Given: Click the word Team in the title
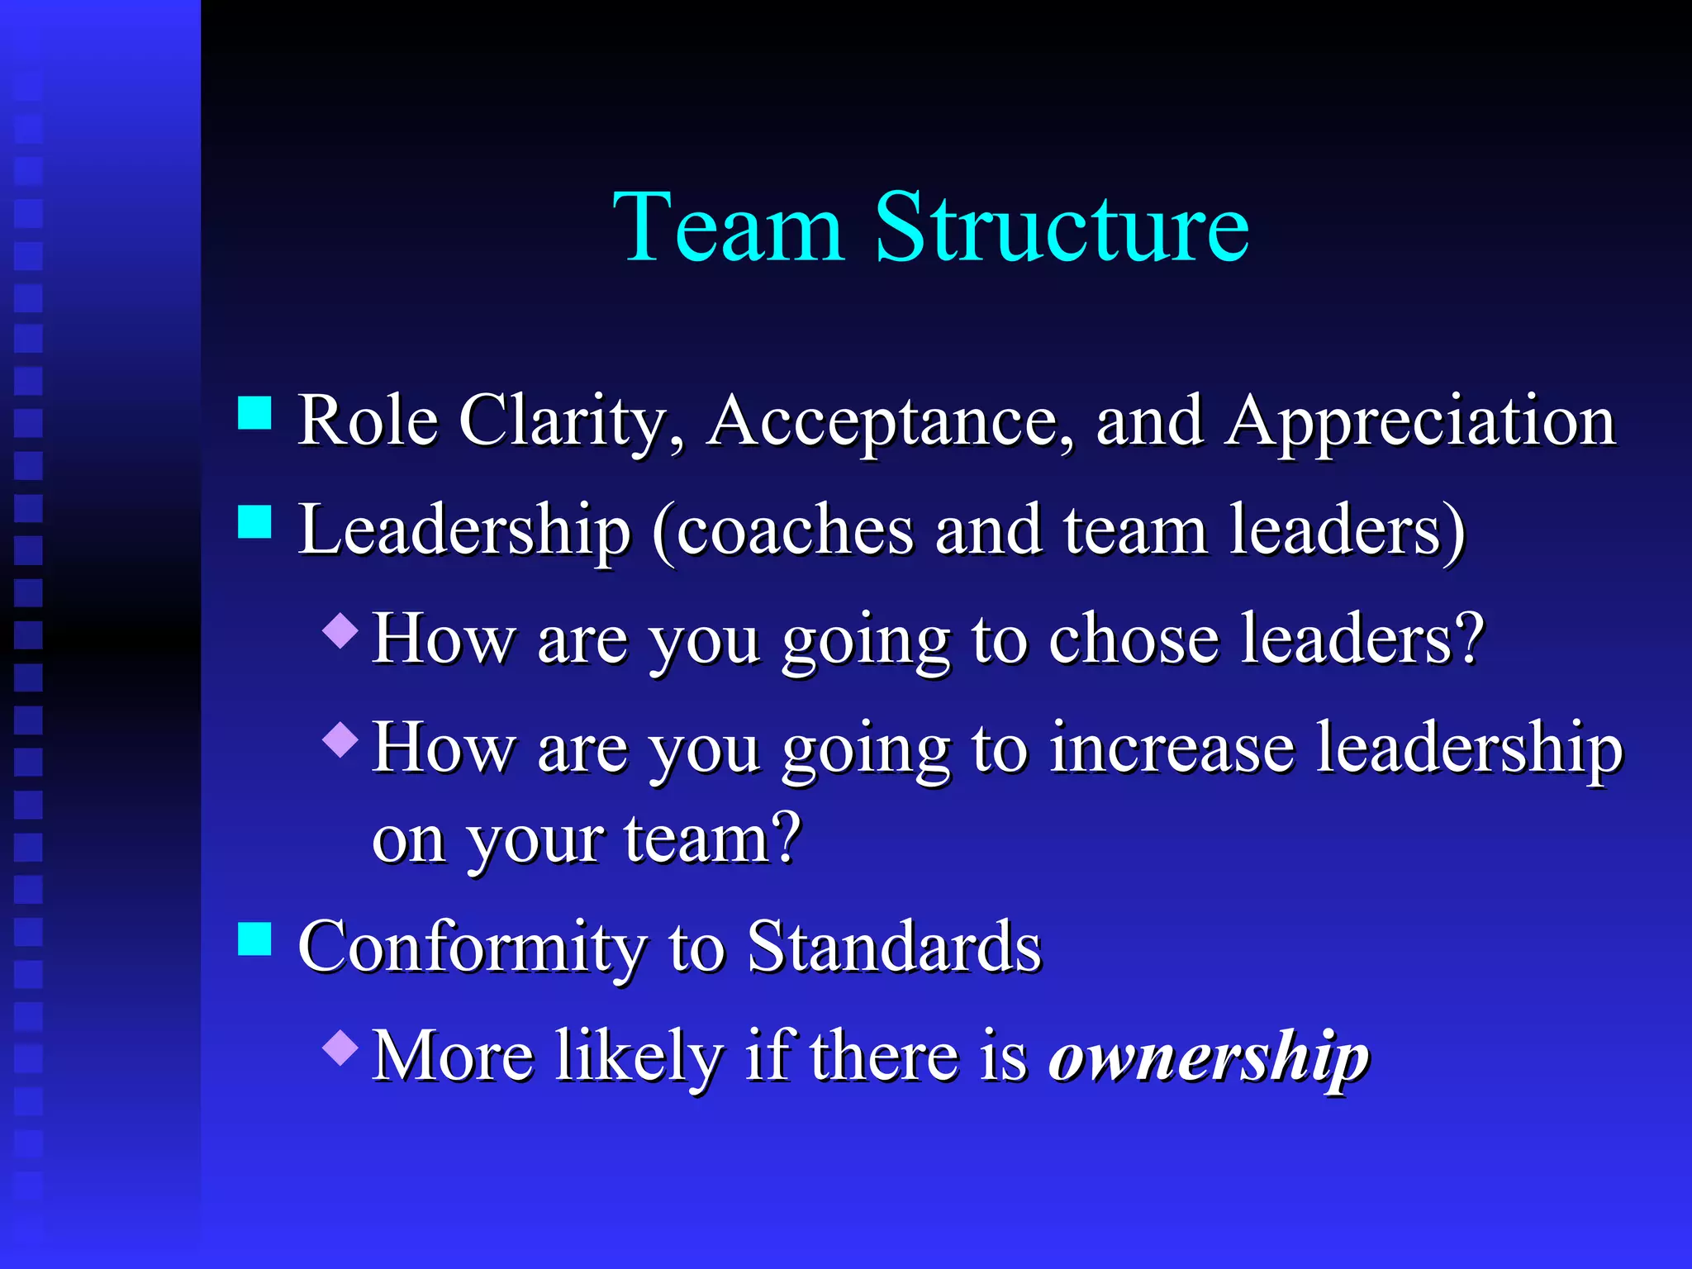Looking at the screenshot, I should point(728,226).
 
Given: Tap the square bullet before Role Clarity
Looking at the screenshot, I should point(254,413).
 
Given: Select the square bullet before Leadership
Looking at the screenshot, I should point(254,522).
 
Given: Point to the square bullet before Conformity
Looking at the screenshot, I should point(254,939).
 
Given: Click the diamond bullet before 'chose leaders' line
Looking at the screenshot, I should point(340,630).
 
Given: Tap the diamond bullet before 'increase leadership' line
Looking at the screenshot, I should point(340,739).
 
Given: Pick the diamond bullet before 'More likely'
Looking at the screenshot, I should point(340,1047).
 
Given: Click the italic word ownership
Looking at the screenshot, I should point(1209,1057).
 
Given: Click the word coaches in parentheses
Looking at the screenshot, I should point(795,530).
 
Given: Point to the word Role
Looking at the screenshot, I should point(367,421).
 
